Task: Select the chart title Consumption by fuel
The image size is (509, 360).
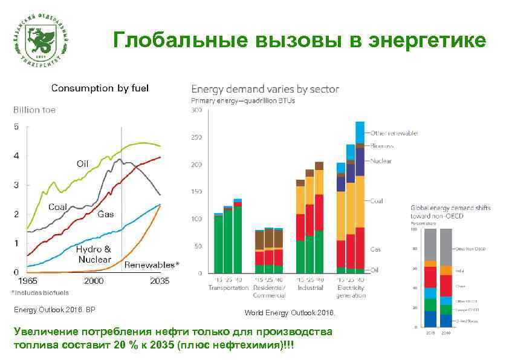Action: pos(100,88)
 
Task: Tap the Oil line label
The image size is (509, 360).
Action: pos(83,163)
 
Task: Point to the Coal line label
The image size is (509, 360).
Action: pos(58,207)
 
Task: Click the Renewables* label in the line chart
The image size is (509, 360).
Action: pos(152,265)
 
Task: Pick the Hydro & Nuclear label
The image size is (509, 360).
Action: pos(94,254)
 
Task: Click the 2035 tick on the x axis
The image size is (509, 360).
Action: pos(160,281)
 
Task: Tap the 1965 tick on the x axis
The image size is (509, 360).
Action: pos(27,281)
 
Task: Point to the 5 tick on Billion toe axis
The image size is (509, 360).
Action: pos(16,126)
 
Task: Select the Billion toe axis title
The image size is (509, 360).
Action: pos(34,110)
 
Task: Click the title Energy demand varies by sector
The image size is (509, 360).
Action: pos(265,89)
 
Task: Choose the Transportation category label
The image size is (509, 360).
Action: pos(229,288)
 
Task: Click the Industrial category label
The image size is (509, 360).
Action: pos(310,288)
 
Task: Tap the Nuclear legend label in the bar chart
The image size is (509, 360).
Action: pos(381,161)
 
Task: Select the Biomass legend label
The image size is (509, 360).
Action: pos(382,146)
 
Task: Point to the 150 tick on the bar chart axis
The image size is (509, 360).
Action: pos(196,192)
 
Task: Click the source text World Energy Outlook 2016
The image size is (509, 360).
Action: pos(289,313)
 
